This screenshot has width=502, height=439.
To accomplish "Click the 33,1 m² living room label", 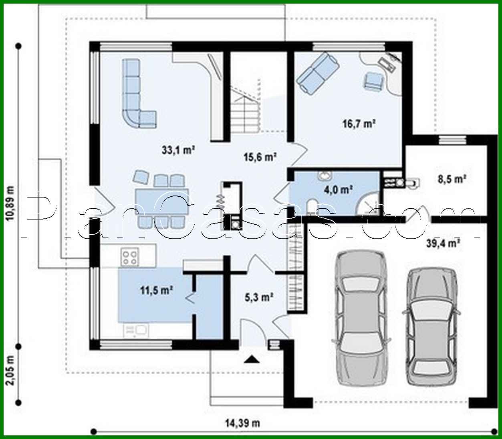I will [x=178, y=150].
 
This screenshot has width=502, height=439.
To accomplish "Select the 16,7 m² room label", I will [x=359, y=124].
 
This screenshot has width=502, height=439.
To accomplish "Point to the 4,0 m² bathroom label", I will [x=341, y=190].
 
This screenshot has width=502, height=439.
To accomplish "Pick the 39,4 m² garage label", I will [x=443, y=243].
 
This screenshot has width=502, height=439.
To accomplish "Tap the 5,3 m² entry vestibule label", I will [x=259, y=297].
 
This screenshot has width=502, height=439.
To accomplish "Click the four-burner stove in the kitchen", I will [x=130, y=256].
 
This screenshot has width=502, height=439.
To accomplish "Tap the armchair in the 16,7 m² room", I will [x=373, y=81].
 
